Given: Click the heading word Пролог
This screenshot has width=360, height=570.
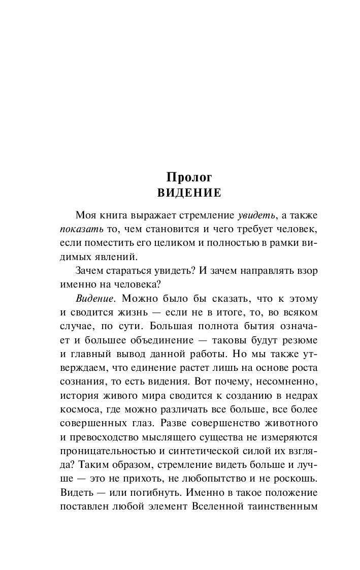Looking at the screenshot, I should pyautogui.click(x=189, y=177).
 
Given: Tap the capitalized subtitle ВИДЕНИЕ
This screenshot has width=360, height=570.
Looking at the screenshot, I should pyautogui.click(x=189, y=193).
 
